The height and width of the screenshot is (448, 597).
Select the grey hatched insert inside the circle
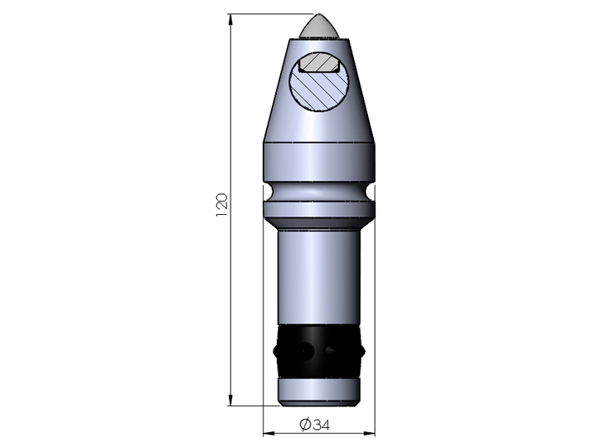(319, 63)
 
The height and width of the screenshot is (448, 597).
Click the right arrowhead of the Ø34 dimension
(370, 433)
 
